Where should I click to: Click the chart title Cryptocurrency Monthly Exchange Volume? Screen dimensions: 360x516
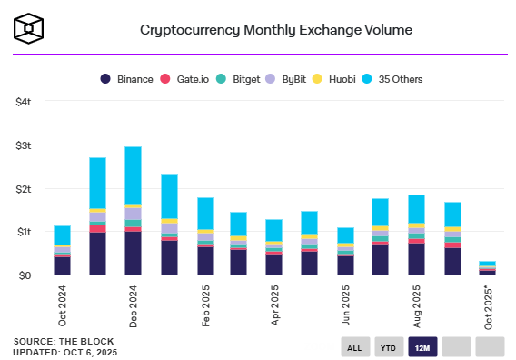tap(275, 30)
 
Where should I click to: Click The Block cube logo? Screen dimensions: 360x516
tap(30, 28)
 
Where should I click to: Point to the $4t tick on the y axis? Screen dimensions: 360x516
tap(24, 102)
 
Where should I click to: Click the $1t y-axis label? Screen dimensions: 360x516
tap(24, 232)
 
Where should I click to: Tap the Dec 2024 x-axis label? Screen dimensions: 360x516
tap(134, 305)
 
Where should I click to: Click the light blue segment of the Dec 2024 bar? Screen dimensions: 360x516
tap(133, 175)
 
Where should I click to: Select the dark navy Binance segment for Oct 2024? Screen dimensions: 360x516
tap(62, 265)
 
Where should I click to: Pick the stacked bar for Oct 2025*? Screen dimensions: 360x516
tap(487, 268)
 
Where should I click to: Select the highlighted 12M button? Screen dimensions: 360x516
tap(423, 347)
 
